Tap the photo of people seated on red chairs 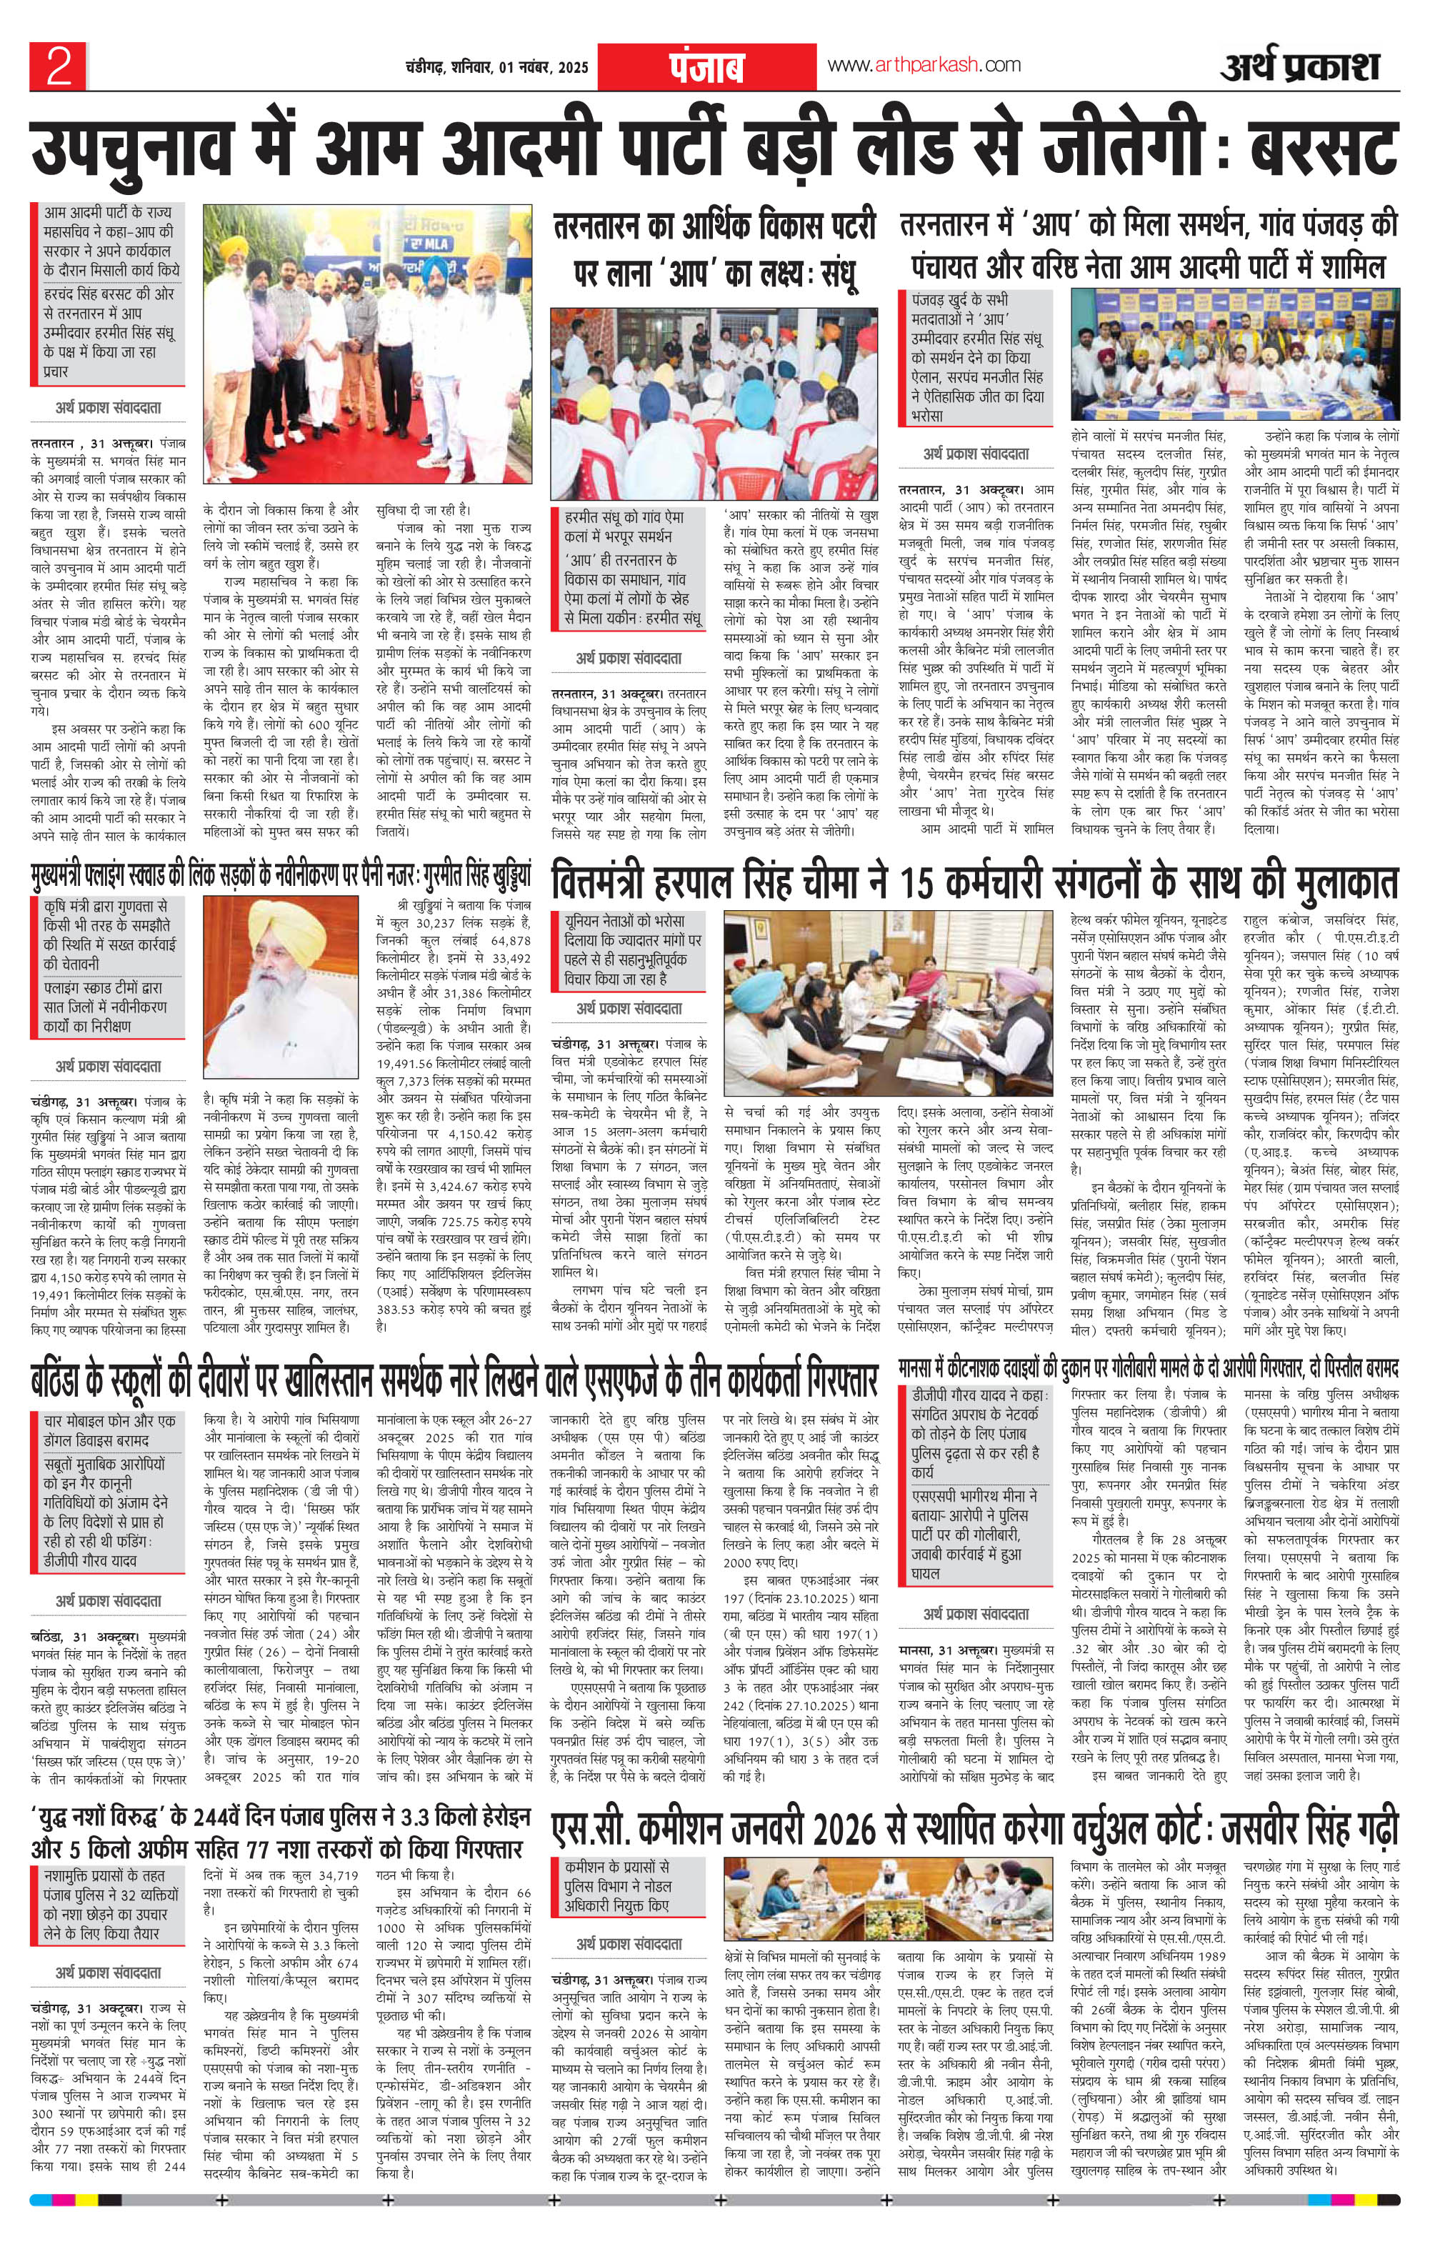714,402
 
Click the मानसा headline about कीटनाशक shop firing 1148,1371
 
